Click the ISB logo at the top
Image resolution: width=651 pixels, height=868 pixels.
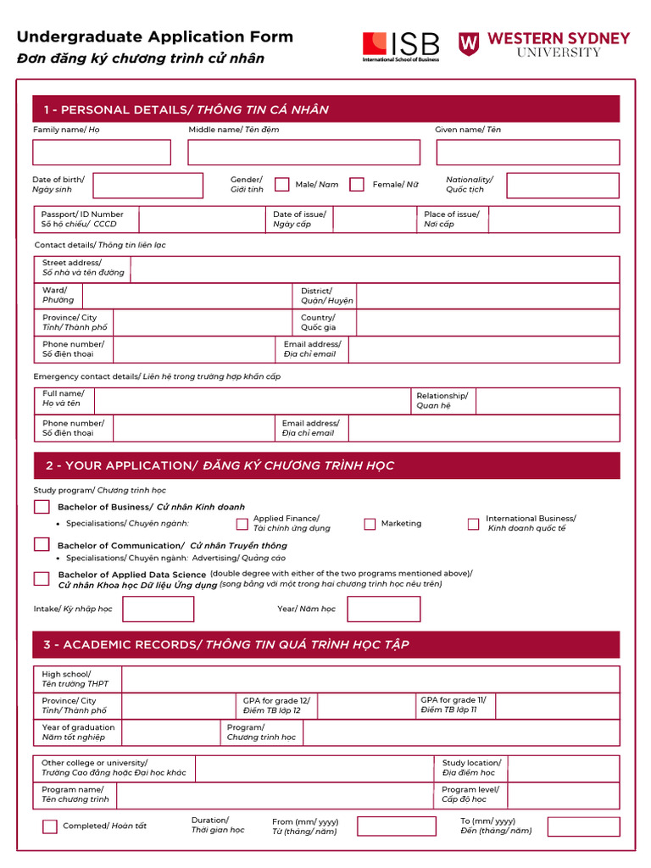(401, 46)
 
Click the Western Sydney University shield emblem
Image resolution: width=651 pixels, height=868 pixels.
(469, 44)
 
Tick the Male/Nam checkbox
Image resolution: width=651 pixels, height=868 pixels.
(281, 184)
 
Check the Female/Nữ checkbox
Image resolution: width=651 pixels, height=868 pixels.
(357, 184)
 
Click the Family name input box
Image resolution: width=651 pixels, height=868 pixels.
(102, 153)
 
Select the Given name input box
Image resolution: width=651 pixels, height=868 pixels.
(527, 153)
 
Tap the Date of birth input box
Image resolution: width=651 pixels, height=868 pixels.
(147, 186)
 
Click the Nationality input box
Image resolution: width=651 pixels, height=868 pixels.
(562, 186)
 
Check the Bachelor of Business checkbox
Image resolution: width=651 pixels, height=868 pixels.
(42, 507)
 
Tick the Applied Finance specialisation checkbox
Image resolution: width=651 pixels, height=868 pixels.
(242, 524)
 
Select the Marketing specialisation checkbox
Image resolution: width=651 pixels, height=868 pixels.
(370, 524)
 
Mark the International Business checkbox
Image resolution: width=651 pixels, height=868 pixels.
(474, 524)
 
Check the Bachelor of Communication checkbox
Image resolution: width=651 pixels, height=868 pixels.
(42, 544)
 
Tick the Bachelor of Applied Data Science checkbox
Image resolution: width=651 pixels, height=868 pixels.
(42, 579)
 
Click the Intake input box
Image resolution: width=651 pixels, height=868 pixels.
(158, 609)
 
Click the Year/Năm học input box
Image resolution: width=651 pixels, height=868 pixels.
(383, 609)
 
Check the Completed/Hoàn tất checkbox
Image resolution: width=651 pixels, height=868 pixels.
(50, 826)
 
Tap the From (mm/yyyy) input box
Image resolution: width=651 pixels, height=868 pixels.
(396, 826)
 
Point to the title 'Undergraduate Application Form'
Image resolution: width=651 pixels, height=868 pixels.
(155, 36)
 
